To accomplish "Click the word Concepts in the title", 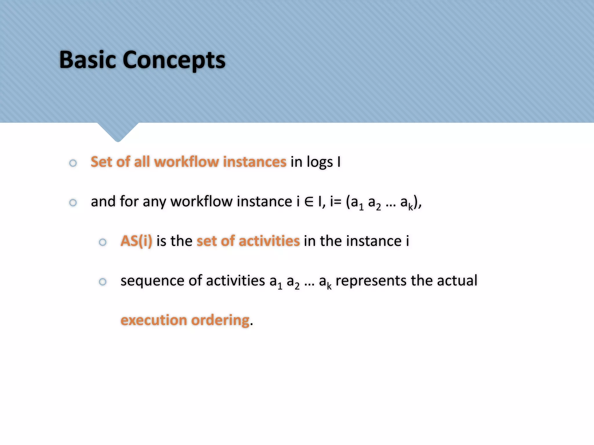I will [x=174, y=60].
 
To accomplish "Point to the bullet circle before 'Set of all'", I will [x=73, y=163].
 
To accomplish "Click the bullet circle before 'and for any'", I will [x=73, y=203].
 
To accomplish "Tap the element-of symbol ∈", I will [x=309, y=202].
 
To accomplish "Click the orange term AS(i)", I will [x=136, y=241].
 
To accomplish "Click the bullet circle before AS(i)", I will [x=103, y=242].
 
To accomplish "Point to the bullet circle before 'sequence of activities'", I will [x=103, y=282].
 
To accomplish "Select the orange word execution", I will [x=154, y=320].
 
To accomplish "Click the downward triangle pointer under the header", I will [x=118, y=132].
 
